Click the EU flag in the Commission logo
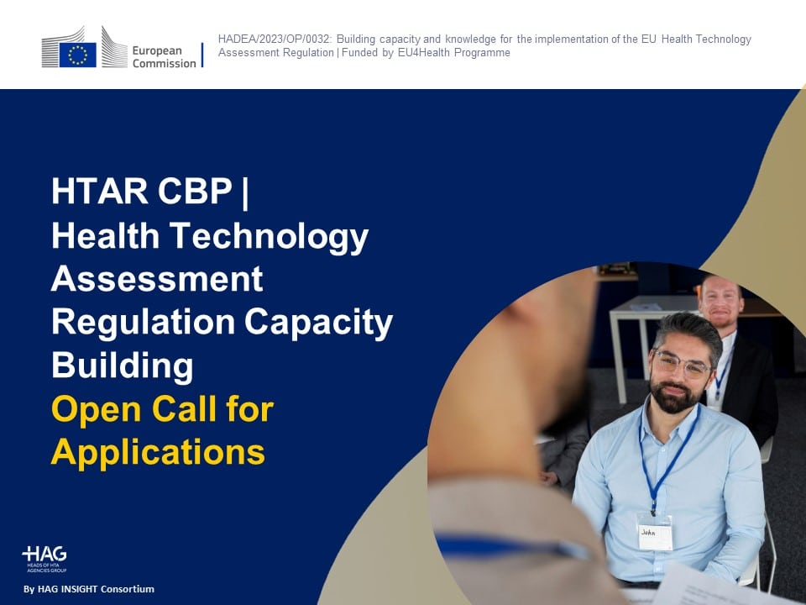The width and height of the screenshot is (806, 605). coord(77,55)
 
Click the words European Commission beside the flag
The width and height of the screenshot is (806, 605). coord(164,56)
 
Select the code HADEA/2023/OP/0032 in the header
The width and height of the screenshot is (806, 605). coord(274,39)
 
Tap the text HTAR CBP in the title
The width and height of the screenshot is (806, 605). coord(142,191)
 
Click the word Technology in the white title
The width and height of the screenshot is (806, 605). coord(269,237)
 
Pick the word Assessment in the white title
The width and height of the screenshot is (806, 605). coord(157,279)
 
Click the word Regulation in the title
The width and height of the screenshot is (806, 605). coord(144,323)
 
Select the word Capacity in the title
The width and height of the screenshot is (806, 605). coord(318,324)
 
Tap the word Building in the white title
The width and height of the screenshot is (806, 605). coord(123,366)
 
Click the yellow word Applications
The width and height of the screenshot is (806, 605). coord(159,453)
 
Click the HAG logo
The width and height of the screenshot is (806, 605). coord(44,560)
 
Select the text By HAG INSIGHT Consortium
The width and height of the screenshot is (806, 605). coord(89,589)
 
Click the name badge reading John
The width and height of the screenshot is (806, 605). coord(654,535)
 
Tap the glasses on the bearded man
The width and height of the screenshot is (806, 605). coord(680,362)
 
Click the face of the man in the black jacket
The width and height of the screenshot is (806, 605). coord(720,302)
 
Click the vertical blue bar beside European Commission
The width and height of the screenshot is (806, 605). coord(202,55)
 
